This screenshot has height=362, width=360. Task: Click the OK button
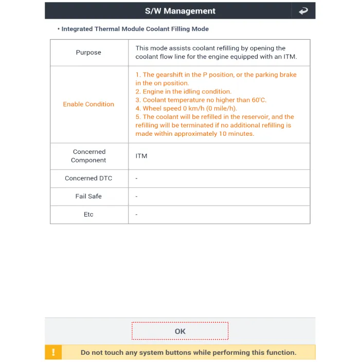tap(179, 331)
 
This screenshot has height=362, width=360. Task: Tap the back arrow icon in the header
tap(303, 11)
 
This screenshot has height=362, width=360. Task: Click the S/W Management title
tap(179, 11)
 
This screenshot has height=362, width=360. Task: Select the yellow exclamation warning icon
tap(53, 352)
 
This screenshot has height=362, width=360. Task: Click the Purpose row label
tap(88, 52)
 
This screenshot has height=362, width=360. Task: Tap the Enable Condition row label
tap(88, 104)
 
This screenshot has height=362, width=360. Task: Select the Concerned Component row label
tap(88, 156)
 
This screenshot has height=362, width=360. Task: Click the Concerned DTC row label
tap(88, 178)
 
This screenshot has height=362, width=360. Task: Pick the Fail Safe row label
tap(88, 196)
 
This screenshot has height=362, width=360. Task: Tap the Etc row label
tap(88, 214)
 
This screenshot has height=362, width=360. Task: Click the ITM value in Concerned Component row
tap(141, 156)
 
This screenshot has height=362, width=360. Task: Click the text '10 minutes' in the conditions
tap(237, 134)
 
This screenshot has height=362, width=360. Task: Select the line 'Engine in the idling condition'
tap(184, 92)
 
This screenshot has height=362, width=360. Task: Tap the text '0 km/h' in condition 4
tap(194, 108)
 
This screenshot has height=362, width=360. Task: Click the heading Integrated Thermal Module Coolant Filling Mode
tap(135, 29)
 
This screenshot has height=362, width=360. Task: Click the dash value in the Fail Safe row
tap(136, 196)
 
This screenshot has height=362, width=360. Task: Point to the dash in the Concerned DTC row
tap(136, 178)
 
